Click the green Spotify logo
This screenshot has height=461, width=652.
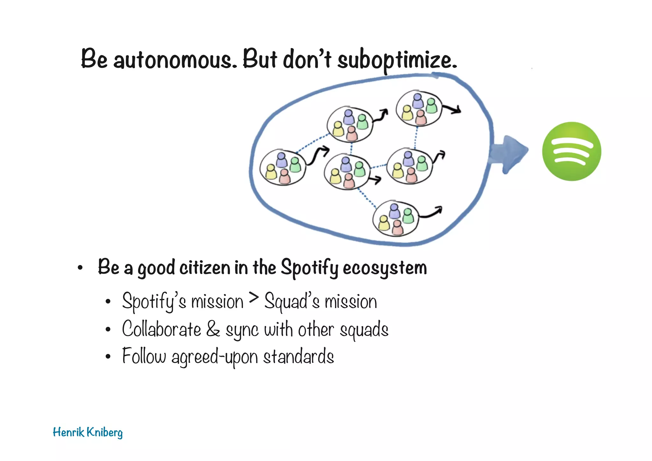pos(571,151)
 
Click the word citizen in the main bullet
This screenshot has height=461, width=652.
pos(205,267)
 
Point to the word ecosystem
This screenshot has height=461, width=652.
pos(385,268)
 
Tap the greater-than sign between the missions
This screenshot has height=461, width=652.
pos(254,298)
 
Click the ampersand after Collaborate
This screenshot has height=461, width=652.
pos(213,329)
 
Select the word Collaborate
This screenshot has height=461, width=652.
pos(161,329)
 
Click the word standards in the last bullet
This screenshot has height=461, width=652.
pos(298,357)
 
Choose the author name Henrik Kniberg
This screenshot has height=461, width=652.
pos(88,433)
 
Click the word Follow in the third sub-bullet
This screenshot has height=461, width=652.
pos(144,356)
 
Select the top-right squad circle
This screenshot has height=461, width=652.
pos(419,108)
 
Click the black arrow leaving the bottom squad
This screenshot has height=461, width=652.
pos(431,212)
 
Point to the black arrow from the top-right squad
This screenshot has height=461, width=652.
pos(452,110)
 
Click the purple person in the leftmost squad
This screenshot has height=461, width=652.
pos(281,160)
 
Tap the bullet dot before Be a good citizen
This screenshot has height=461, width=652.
pos(80,268)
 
